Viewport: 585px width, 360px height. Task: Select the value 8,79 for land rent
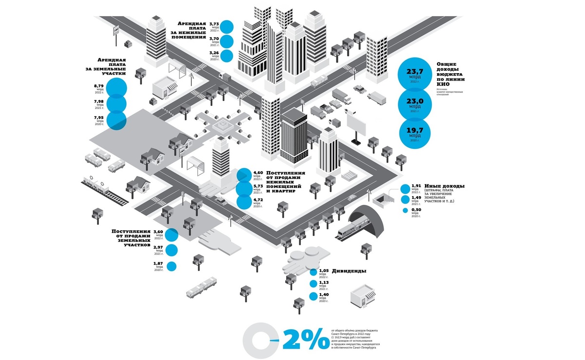(99, 86)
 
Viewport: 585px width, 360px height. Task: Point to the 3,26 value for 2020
(214, 53)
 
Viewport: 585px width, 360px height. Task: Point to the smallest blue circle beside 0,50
(405, 211)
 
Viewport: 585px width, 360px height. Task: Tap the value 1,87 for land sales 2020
(158, 264)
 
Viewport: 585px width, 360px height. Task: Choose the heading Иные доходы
(444, 186)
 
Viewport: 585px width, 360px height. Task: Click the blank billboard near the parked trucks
(356, 123)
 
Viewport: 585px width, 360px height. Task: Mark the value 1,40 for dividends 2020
(323, 295)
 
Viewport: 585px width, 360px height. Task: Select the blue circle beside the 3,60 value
(172, 235)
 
